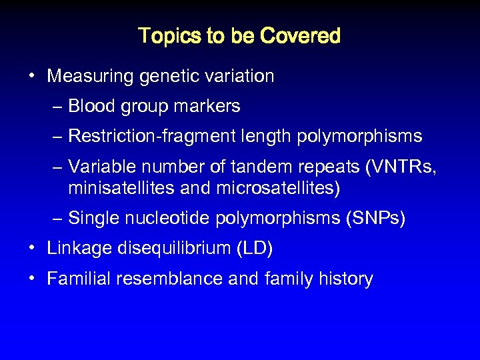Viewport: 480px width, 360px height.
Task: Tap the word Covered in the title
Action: tap(301, 35)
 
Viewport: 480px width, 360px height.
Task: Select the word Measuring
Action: tap(91, 77)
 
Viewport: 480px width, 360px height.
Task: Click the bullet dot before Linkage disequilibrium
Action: tap(32, 249)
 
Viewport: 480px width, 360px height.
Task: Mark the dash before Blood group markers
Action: tap(59, 107)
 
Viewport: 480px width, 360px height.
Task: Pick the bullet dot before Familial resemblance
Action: tap(32, 279)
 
